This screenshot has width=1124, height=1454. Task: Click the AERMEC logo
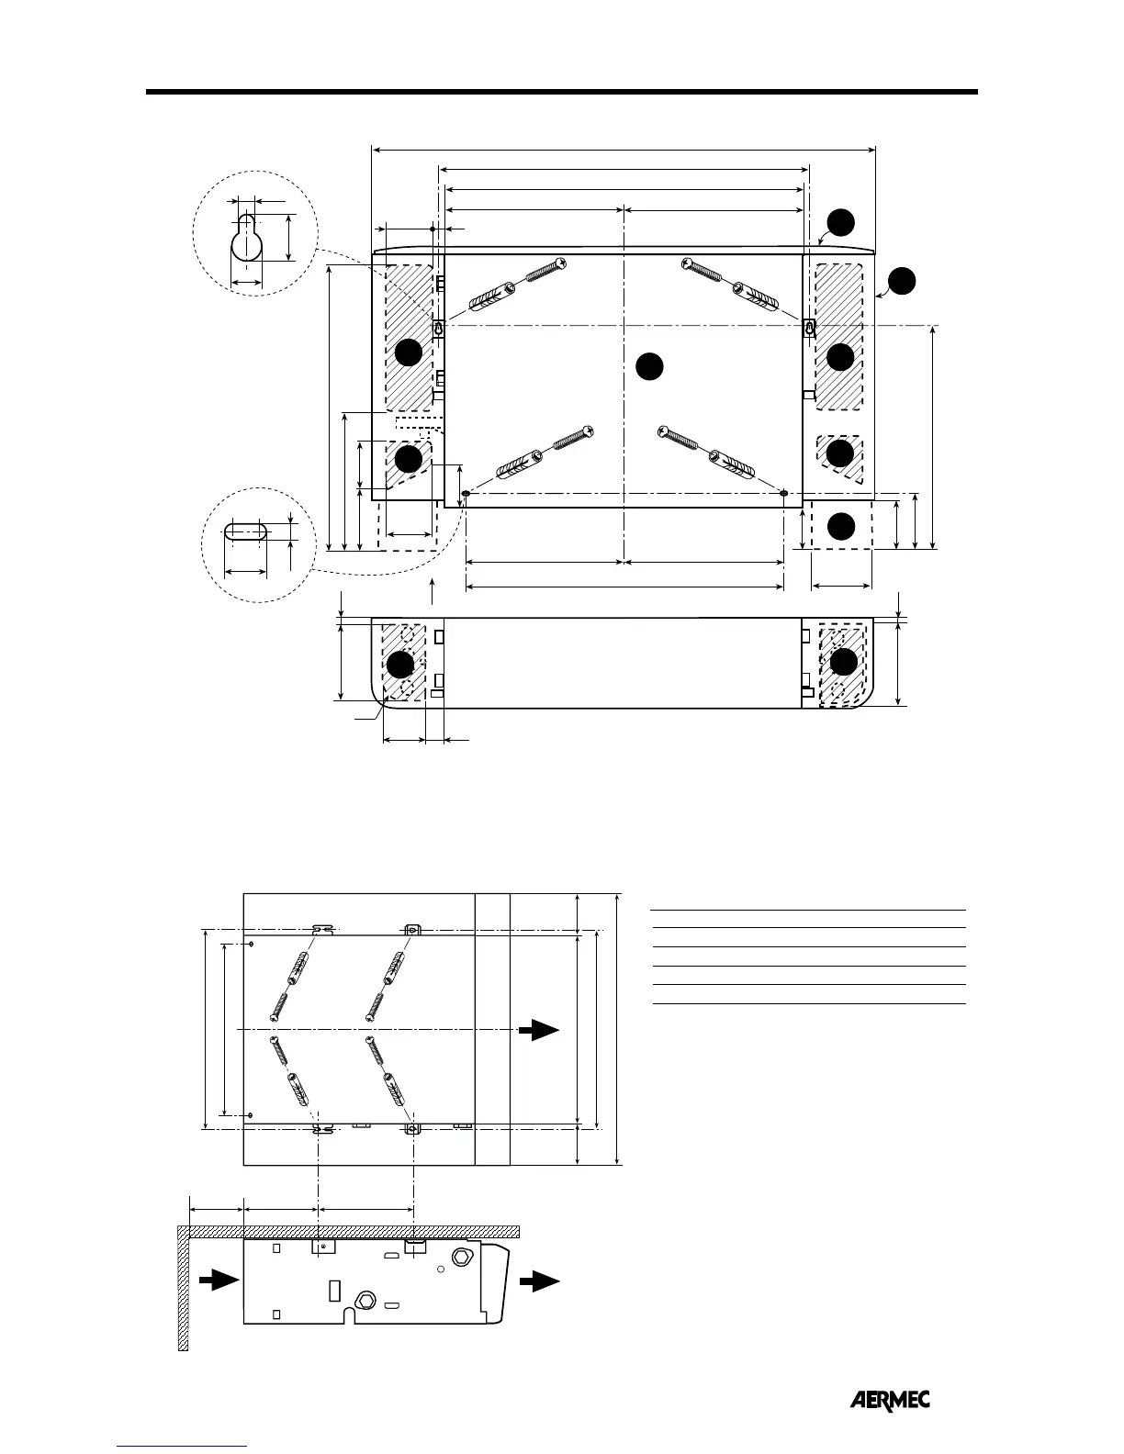point(889,1400)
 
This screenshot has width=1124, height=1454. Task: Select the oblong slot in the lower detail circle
point(245,531)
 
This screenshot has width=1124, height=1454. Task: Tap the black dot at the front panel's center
point(649,365)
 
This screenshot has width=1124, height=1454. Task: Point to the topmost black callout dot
point(841,223)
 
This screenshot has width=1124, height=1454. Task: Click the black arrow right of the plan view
point(539,1030)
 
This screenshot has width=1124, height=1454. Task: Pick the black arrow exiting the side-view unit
point(539,1282)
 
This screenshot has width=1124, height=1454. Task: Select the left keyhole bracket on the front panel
point(439,329)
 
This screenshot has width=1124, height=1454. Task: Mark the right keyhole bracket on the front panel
point(809,329)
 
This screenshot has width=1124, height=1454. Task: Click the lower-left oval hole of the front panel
point(466,494)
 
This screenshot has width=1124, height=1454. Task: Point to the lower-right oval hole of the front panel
point(783,494)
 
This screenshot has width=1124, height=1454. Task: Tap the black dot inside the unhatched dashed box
point(841,526)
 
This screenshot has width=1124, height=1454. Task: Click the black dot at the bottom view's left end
point(399,665)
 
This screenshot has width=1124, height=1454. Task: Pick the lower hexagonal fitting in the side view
point(365,1301)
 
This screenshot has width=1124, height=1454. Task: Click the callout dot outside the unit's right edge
point(902,281)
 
